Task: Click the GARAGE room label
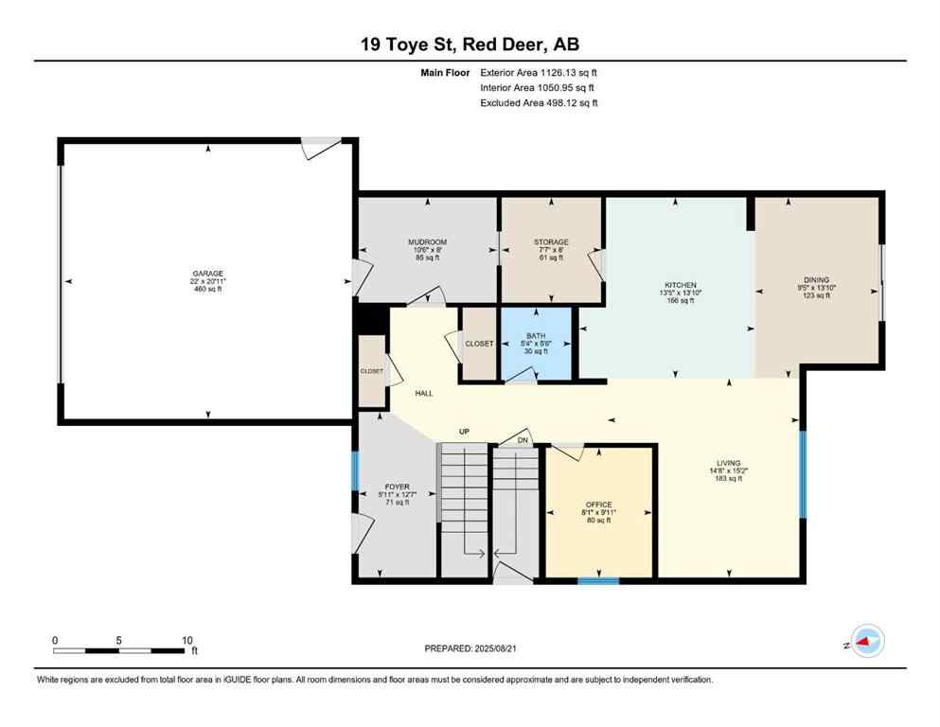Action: pos(208,274)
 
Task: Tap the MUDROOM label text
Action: pos(428,242)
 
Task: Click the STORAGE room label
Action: pos(551,242)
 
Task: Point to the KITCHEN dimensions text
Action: pos(681,293)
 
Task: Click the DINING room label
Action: pos(816,280)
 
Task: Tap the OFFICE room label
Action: pos(598,505)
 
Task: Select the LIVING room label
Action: pos(728,463)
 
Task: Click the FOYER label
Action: pos(397,487)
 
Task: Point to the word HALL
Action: pos(423,393)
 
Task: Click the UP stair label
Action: pos(464,432)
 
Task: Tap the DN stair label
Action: pos(522,440)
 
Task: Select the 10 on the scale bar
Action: pos(187,640)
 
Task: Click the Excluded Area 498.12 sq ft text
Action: pos(539,103)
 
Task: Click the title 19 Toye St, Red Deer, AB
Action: pos(470,44)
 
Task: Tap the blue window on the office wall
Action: pos(598,579)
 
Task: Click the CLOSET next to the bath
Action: pos(479,344)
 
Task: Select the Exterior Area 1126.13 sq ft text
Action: pos(539,72)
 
